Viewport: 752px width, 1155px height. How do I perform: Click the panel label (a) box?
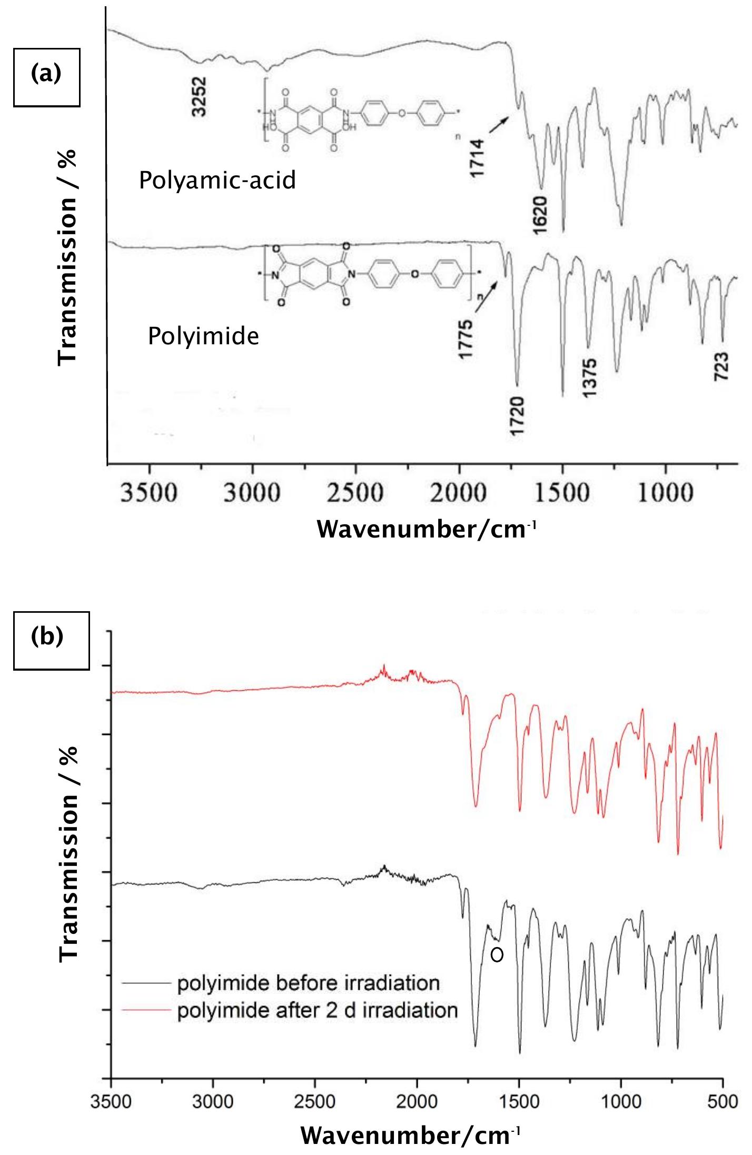46,77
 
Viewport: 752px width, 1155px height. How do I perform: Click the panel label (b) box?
51,640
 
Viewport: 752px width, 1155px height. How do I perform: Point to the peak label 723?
722,367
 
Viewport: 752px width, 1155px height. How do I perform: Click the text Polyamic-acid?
217,181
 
